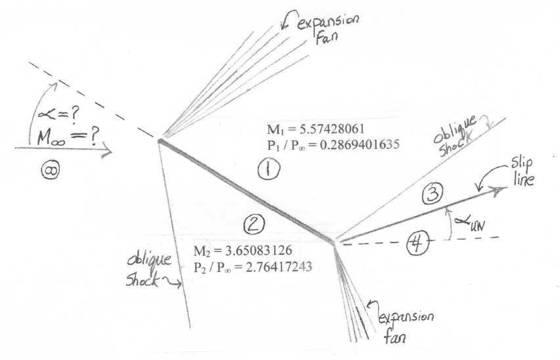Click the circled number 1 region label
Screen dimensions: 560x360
(x=269, y=169)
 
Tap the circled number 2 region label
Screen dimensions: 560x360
(x=254, y=225)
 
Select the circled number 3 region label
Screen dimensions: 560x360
(x=433, y=194)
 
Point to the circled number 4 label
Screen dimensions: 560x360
(x=417, y=244)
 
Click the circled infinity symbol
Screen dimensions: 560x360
(x=50, y=171)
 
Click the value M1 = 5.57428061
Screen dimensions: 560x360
(x=315, y=129)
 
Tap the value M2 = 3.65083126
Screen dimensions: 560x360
(x=243, y=250)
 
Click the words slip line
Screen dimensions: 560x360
(x=522, y=172)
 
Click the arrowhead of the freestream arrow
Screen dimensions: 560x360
(x=107, y=148)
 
